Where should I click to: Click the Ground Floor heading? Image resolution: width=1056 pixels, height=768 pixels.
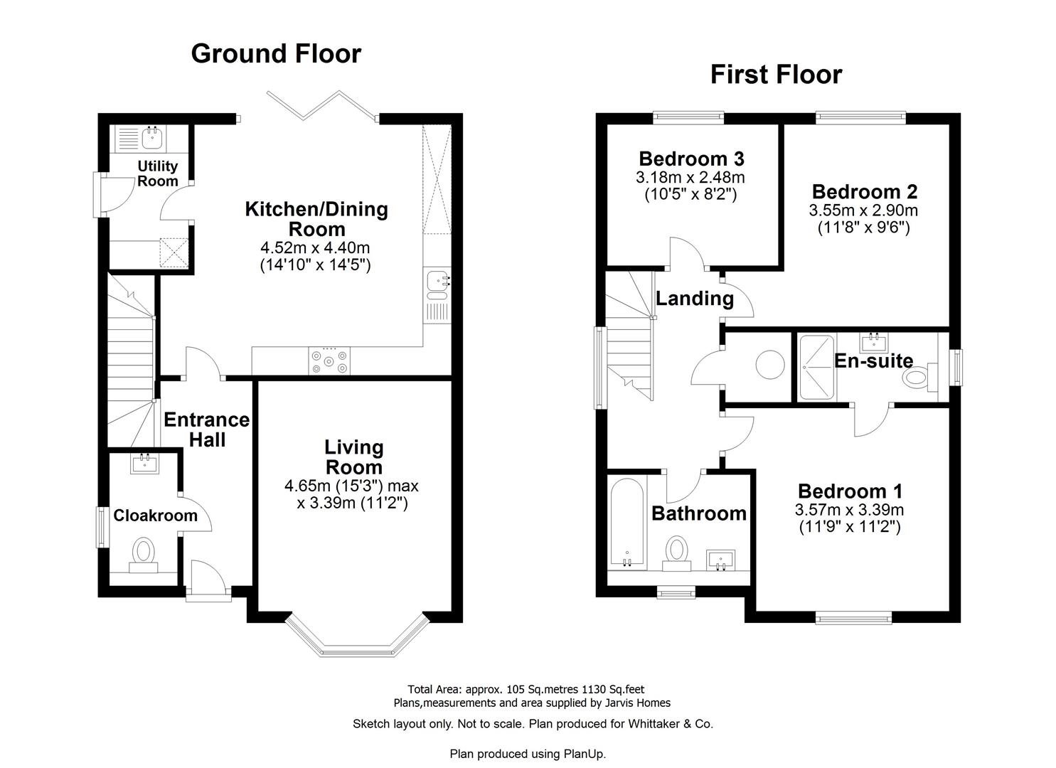click(x=276, y=54)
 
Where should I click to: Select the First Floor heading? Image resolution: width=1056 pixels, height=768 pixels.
click(x=776, y=75)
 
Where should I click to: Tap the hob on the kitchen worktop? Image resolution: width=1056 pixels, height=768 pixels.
click(x=329, y=361)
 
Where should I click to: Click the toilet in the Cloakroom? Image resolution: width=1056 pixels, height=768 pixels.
click(x=144, y=553)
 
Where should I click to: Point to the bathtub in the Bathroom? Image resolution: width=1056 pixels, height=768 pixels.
click(x=627, y=523)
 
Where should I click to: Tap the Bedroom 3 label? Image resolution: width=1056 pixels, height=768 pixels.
click(x=691, y=159)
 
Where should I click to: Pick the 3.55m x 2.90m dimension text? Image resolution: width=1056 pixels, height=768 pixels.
click(x=863, y=210)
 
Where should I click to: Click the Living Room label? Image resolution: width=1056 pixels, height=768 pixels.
click(x=353, y=457)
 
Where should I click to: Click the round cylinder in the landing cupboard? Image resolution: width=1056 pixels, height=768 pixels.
click(x=769, y=366)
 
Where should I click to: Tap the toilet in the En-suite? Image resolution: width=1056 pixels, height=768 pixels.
click(x=917, y=378)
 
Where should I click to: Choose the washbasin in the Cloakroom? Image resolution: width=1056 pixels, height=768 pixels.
click(x=144, y=464)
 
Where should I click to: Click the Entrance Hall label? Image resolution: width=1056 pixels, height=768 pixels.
click(x=206, y=430)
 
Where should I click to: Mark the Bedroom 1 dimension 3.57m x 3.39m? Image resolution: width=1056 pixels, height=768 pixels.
click(x=849, y=510)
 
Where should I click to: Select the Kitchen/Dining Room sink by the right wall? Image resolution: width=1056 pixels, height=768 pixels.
click(x=436, y=282)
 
